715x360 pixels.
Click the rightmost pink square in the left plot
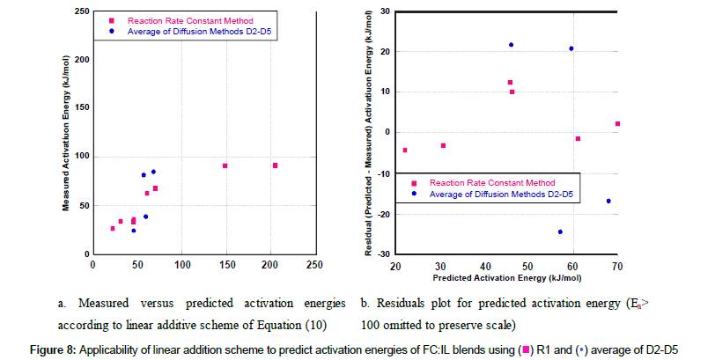coord(276,165)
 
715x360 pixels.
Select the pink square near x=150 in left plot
coord(225,165)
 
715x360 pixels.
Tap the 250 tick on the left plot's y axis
coord(82,11)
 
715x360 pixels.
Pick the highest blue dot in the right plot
coord(511,45)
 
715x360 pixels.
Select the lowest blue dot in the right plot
coord(560,232)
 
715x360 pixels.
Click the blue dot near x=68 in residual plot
coord(608,201)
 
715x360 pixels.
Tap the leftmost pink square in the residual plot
coord(405,151)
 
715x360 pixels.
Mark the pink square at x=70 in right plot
coord(617,124)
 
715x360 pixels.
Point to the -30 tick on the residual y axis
coord(384,253)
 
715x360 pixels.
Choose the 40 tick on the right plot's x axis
coord(484,264)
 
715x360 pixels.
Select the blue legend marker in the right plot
coord(414,194)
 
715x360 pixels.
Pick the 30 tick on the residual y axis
coord(385,11)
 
